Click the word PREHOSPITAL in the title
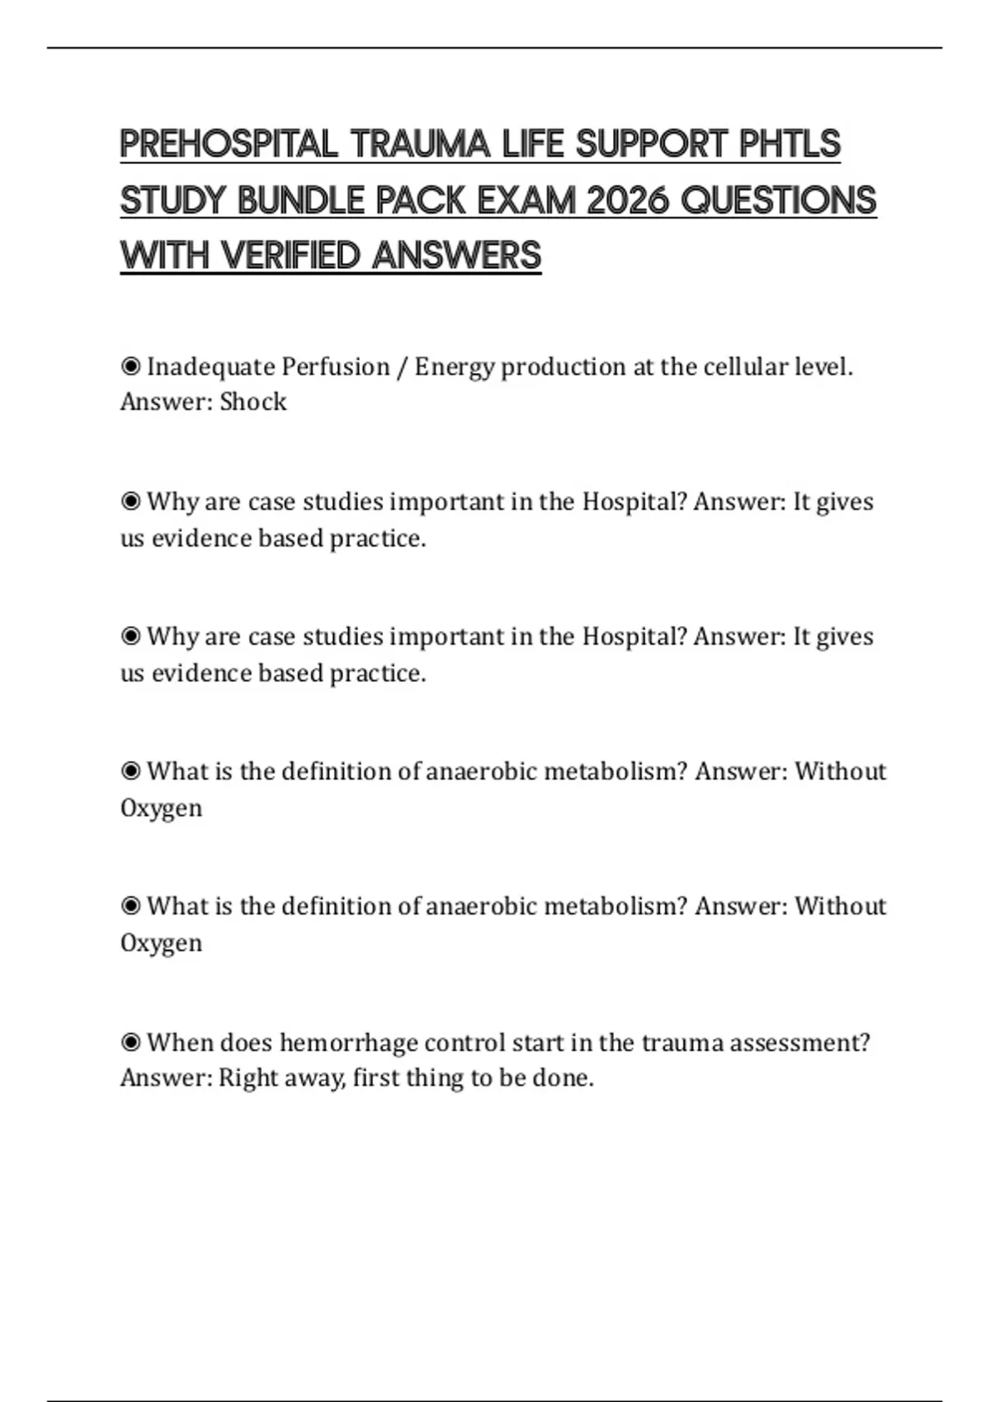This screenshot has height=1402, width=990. pos(229,144)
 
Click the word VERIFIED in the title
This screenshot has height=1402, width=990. pos(290,256)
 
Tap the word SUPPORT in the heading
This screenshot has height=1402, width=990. pos(652,144)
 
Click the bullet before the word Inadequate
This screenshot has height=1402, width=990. pos(130,365)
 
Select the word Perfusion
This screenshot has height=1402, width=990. pos(335,366)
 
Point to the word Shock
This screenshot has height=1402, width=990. pos(253,402)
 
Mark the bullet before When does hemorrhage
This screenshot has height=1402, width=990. pos(130,1042)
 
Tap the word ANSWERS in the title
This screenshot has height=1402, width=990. pos(456,256)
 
